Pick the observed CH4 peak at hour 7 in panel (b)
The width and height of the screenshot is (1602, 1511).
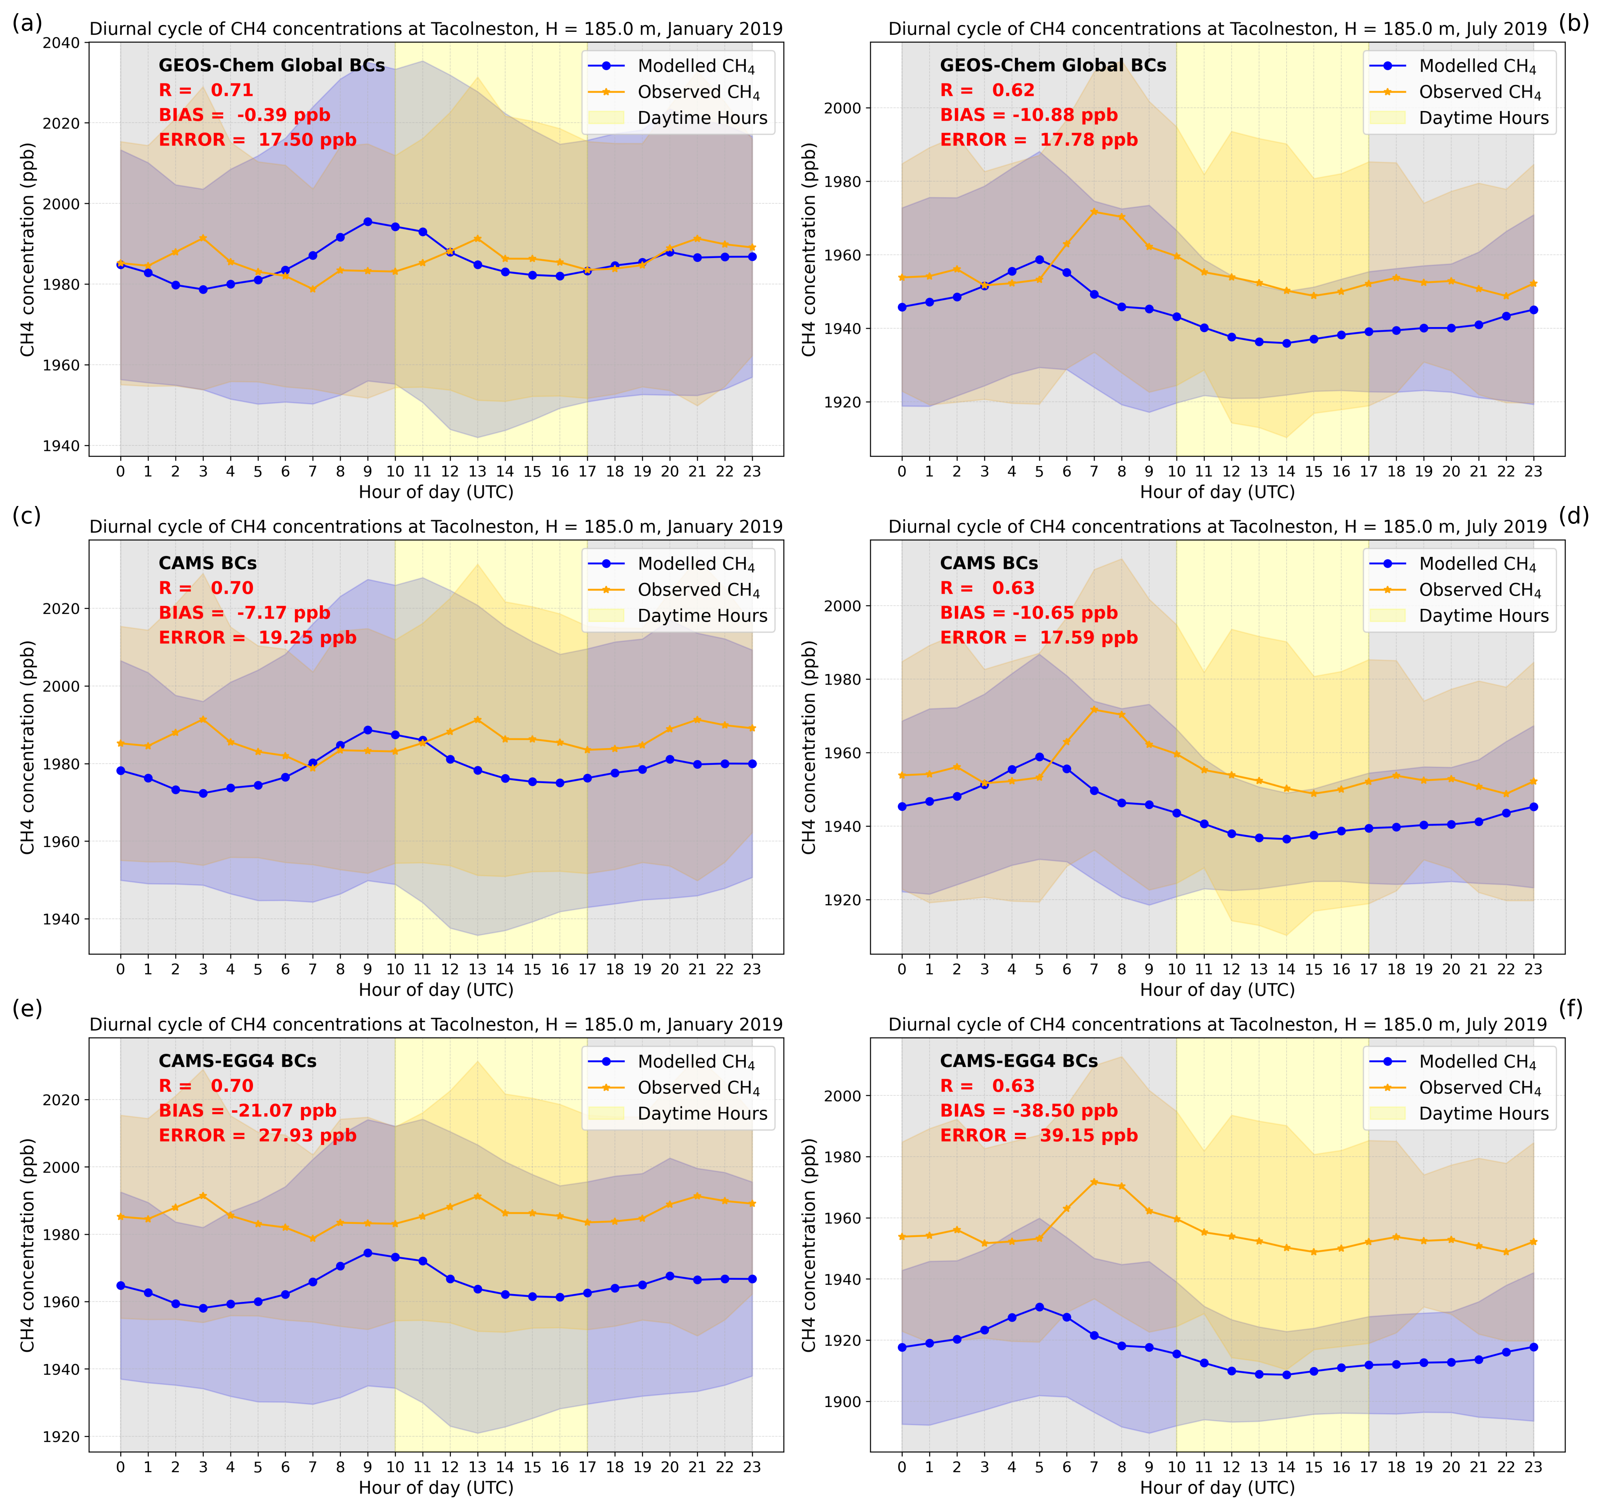[1093, 211]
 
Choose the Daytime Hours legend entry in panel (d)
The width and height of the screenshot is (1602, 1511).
[1483, 616]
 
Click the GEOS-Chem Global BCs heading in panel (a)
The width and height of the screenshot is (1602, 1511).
[272, 65]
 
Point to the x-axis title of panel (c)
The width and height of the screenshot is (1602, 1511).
[436, 989]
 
